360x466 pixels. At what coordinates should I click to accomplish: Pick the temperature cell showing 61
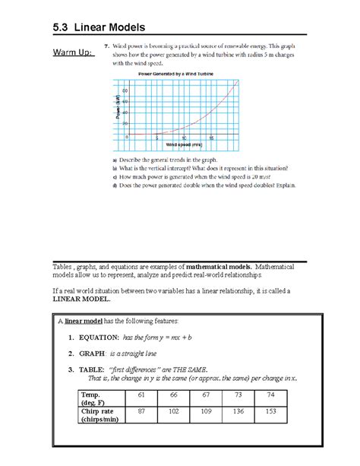[x=141, y=395]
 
